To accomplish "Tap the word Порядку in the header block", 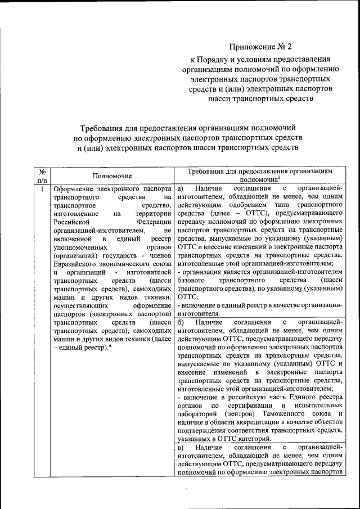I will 219,59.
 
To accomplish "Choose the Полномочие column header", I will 112,176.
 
